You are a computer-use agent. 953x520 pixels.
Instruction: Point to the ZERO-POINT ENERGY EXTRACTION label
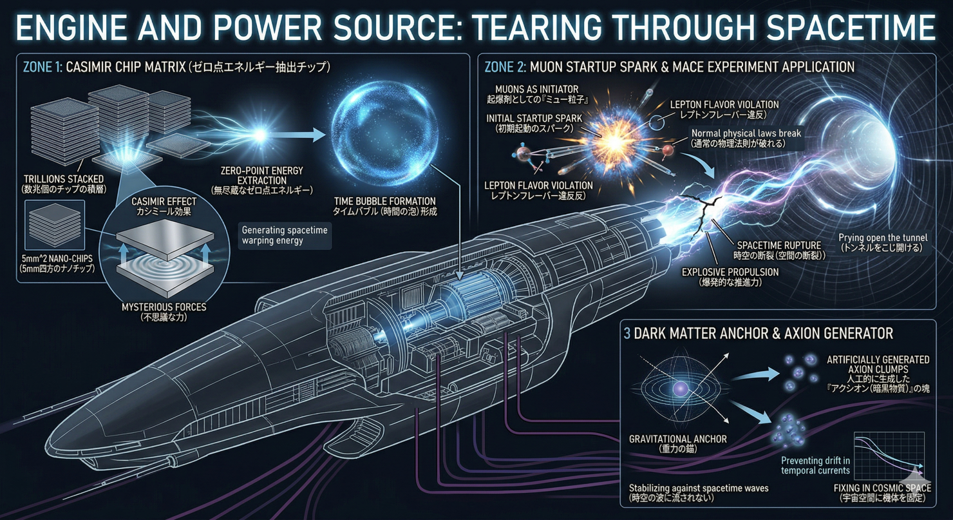tap(261, 175)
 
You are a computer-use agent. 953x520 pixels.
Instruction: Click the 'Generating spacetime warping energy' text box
tap(284, 236)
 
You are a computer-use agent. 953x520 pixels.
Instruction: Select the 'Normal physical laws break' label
tap(746, 133)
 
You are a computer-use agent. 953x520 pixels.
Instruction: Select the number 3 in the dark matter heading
tap(627, 333)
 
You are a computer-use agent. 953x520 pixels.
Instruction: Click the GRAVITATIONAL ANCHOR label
tap(677, 439)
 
